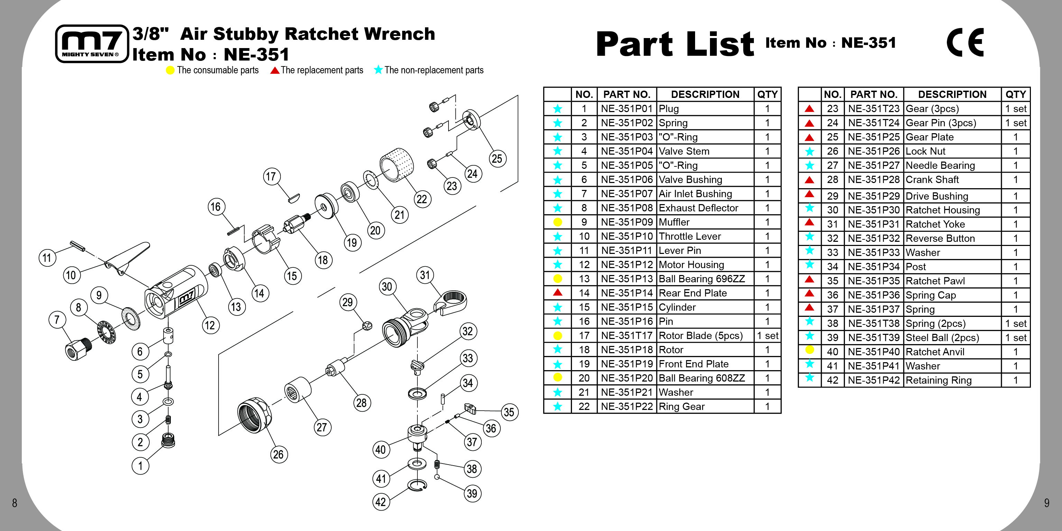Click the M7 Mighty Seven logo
coord(92,43)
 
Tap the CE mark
coord(965,42)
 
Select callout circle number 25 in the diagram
coord(497,159)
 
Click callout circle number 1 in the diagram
coord(140,466)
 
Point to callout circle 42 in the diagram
coord(381,502)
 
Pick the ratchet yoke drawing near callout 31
coord(450,302)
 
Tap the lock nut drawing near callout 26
coord(255,415)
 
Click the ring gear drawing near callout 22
coord(397,165)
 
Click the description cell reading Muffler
coord(705,222)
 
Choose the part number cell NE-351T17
coord(627,336)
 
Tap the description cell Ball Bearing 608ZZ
coord(705,378)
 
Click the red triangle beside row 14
coord(557,292)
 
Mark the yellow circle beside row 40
coord(810,350)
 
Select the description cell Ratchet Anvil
coord(952,352)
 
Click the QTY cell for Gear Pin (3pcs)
coord(1015,123)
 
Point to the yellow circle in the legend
coord(170,70)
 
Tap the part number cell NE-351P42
coord(874,380)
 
